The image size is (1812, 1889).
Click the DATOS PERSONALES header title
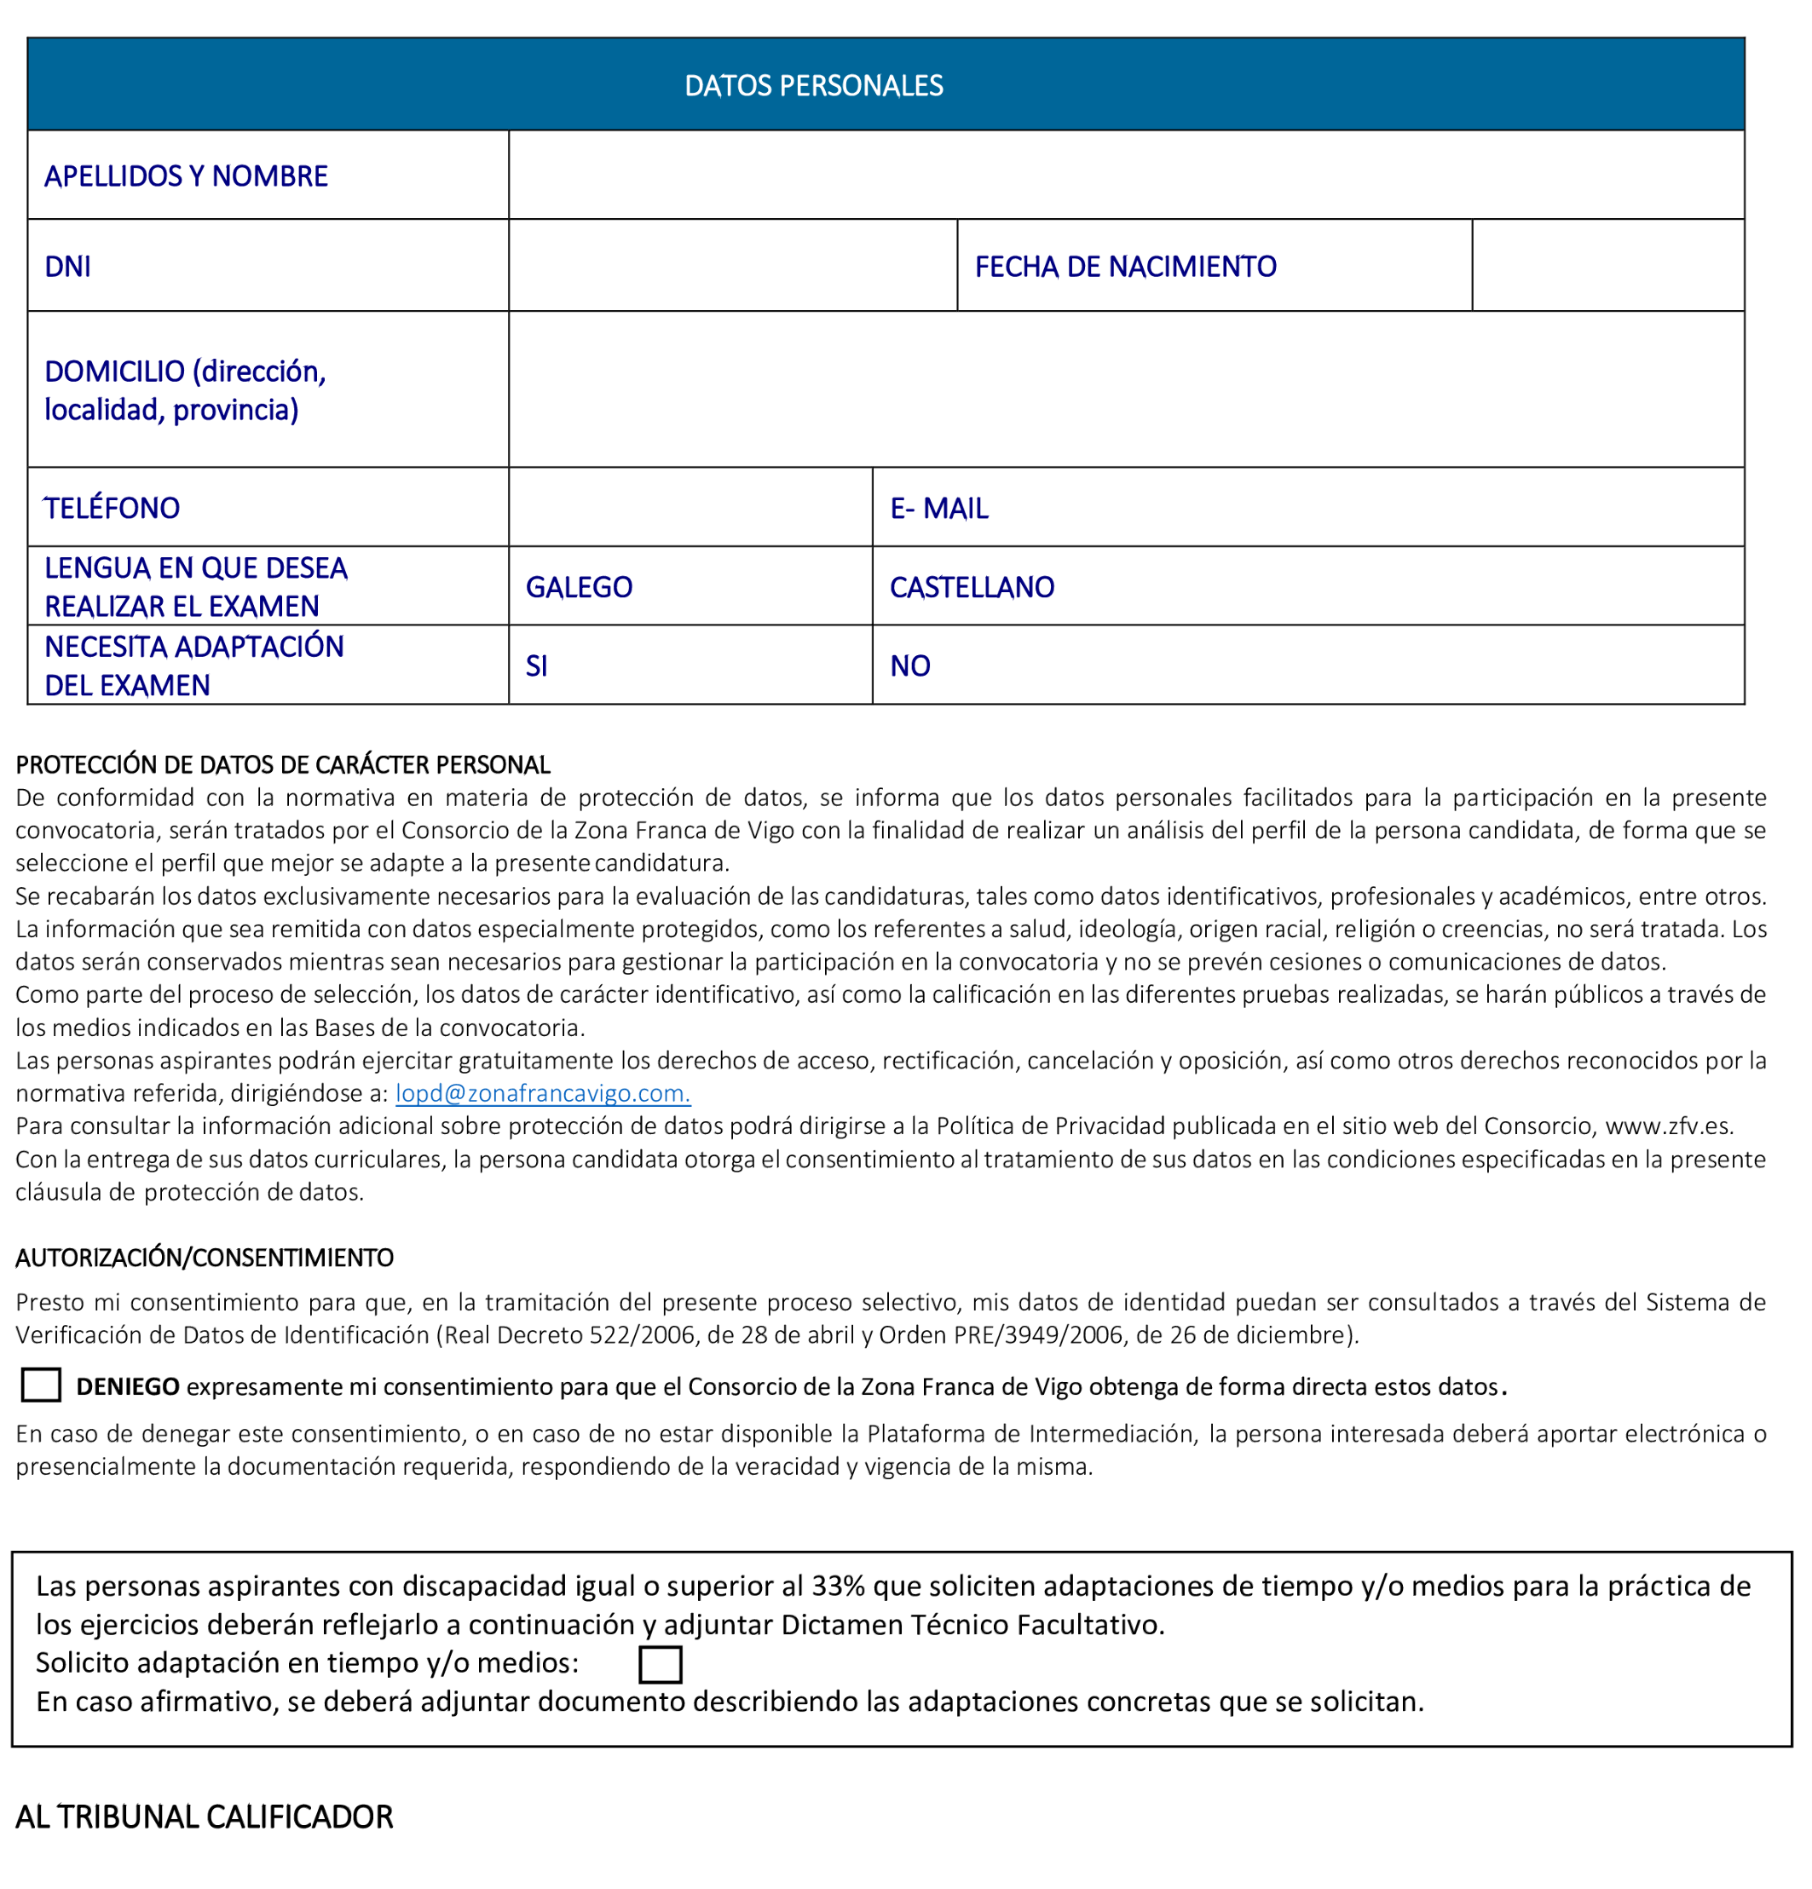pyautogui.click(x=812, y=86)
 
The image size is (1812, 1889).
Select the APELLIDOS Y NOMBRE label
pyautogui.click(x=186, y=176)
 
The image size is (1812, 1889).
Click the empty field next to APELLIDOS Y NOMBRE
pyautogui.click(x=1125, y=176)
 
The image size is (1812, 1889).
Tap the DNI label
pyautogui.click(x=67, y=267)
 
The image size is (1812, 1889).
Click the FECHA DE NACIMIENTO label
pyautogui.click(x=1125, y=267)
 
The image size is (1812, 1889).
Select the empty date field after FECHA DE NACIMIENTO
pyautogui.click(x=1607, y=266)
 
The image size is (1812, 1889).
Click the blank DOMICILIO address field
pyautogui.click(x=1125, y=389)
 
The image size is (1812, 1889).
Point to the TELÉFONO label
pyautogui.click(x=112, y=508)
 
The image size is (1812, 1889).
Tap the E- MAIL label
pyautogui.click(x=938, y=508)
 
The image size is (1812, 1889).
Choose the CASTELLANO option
pyautogui.click(x=972, y=587)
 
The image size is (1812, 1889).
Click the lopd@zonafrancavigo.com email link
pyautogui.click(x=543, y=1093)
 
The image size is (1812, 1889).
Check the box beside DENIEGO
pyautogui.click(x=40, y=1385)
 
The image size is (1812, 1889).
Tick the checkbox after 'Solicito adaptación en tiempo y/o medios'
pyautogui.click(x=661, y=1664)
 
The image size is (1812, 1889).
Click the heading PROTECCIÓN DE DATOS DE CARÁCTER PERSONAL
pyautogui.click(x=282, y=765)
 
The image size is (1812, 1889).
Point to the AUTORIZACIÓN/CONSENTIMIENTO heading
pyautogui.click(x=205, y=1258)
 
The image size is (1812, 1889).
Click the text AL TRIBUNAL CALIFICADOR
pyautogui.click(x=205, y=1817)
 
